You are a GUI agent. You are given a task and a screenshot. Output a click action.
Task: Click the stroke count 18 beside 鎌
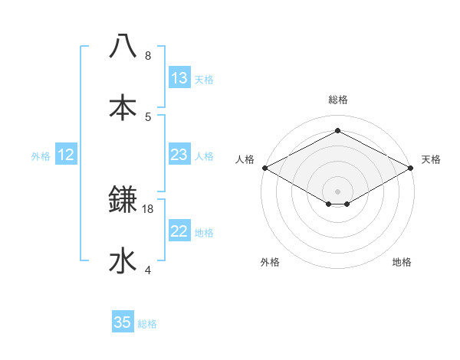tap(148, 208)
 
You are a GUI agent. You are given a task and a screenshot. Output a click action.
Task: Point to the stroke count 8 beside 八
tap(148, 56)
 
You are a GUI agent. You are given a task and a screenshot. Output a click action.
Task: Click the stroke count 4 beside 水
tap(148, 270)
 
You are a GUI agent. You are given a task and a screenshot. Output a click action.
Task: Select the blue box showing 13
tap(179, 78)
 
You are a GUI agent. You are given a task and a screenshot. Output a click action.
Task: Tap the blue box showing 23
tap(179, 155)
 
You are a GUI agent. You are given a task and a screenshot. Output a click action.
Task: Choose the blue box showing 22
tap(179, 231)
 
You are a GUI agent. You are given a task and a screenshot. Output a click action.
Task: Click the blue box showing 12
tap(66, 155)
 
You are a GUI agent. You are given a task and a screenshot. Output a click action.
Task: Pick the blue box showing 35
tap(123, 322)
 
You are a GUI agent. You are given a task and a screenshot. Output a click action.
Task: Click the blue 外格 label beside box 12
tap(41, 156)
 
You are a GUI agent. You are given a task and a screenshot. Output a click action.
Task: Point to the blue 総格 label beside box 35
tap(147, 324)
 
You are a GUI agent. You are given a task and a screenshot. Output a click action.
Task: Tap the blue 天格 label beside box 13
tap(204, 80)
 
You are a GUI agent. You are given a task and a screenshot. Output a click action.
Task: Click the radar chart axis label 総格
tap(337, 100)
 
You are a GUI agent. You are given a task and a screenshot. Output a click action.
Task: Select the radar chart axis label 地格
tap(402, 262)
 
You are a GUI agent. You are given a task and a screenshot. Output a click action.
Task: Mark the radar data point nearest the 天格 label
tap(412, 168)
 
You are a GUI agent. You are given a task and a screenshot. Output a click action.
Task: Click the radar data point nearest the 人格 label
tap(264, 168)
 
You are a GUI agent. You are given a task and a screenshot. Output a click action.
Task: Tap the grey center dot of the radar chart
tap(337, 190)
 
